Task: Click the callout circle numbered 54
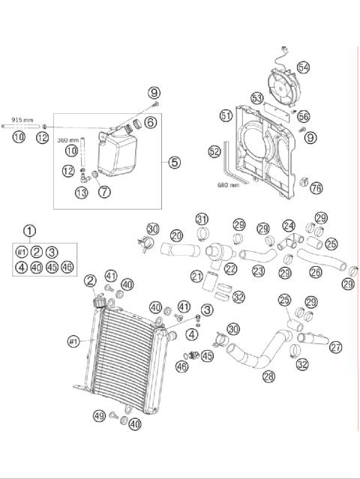pyautogui.click(x=303, y=66)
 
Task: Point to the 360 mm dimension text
pyautogui.click(x=68, y=140)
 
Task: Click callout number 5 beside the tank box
pyautogui.click(x=174, y=161)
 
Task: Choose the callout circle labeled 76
pyautogui.click(x=316, y=187)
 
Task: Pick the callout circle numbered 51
pyautogui.click(x=226, y=115)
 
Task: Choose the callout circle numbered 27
pyautogui.click(x=335, y=346)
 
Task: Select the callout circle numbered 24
pyautogui.click(x=289, y=225)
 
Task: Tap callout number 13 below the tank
pyautogui.click(x=80, y=193)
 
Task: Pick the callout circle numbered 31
pyautogui.click(x=202, y=218)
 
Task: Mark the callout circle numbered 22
pyautogui.click(x=229, y=268)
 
